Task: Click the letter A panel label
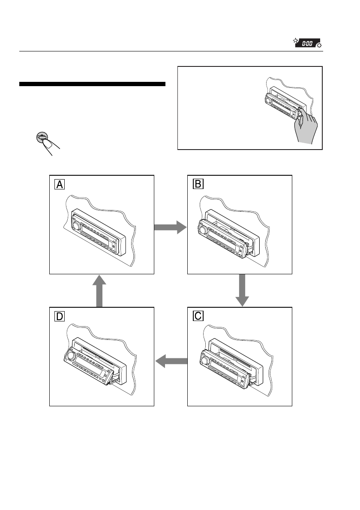click(60, 184)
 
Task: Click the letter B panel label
click(198, 184)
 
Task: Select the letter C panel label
click(198, 316)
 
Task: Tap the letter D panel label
click(60, 316)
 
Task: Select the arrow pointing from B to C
click(242, 290)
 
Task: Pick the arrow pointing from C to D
click(171, 361)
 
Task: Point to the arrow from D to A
click(99, 291)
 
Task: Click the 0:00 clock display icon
click(307, 43)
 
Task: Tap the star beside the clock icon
click(295, 41)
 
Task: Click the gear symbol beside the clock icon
click(319, 45)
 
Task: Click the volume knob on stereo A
click(76, 226)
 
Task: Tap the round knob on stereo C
click(204, 361)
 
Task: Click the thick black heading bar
click(93, 84)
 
